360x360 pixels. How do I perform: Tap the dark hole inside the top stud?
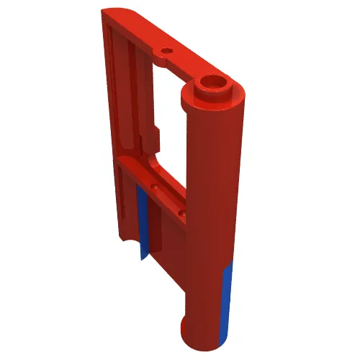tap(214, 81)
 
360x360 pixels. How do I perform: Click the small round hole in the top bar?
tap(167, 52)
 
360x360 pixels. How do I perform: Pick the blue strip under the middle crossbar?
tap(143, 223)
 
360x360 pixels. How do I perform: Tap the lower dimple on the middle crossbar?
tap(183, 214)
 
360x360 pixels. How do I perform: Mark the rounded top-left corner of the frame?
tap(112, 16)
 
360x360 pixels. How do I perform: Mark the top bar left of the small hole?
tap(140, 36)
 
